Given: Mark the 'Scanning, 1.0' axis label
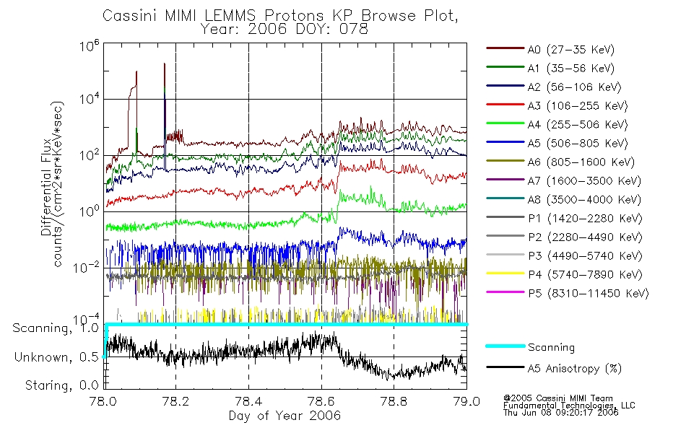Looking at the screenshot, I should coord(56,328).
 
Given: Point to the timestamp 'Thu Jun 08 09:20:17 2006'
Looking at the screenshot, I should coord(560,413).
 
